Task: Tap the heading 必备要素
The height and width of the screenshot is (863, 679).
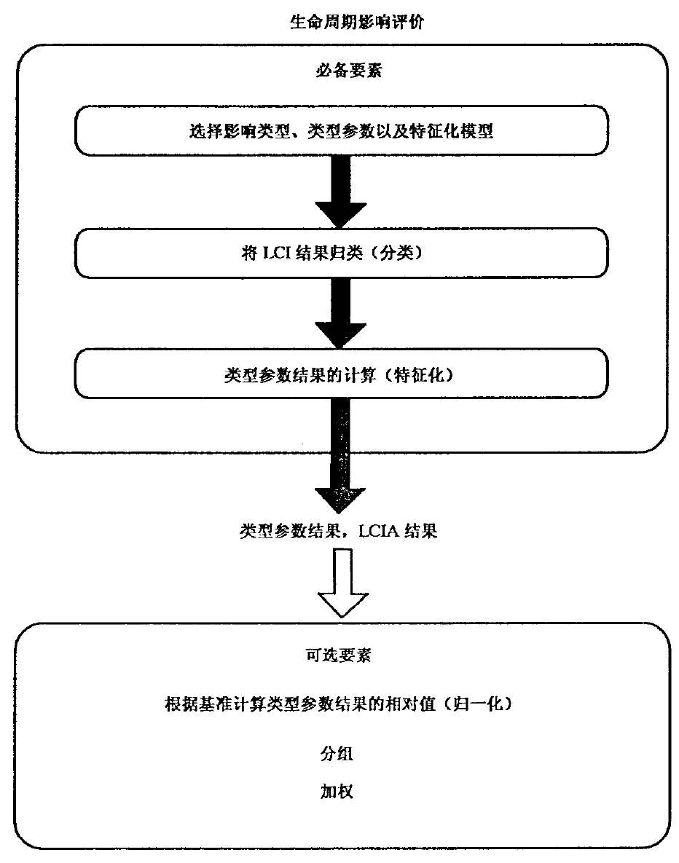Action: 340,71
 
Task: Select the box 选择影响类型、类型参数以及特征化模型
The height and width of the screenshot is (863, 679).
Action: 340,133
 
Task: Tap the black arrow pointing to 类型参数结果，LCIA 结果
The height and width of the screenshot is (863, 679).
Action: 340,459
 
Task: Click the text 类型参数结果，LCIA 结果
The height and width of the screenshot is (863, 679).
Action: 339,531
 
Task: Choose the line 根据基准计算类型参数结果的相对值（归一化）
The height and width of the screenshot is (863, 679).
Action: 340,704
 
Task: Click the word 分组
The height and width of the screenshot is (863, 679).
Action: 337,754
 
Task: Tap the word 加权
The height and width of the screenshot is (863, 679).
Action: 337,792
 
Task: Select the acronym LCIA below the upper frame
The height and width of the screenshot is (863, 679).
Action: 377,531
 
